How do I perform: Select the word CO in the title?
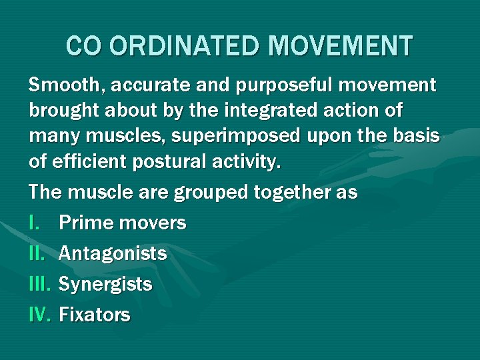tap(83, 46)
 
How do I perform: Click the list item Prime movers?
tap(123, 223)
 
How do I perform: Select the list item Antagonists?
tap(113, 254)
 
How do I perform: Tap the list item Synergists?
tap(105, 285)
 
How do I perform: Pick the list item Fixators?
tap(95, 315)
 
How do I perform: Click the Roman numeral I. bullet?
tap(34, 223)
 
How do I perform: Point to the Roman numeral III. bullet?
tap(40, 285)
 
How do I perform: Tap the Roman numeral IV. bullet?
tap(41, 315)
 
